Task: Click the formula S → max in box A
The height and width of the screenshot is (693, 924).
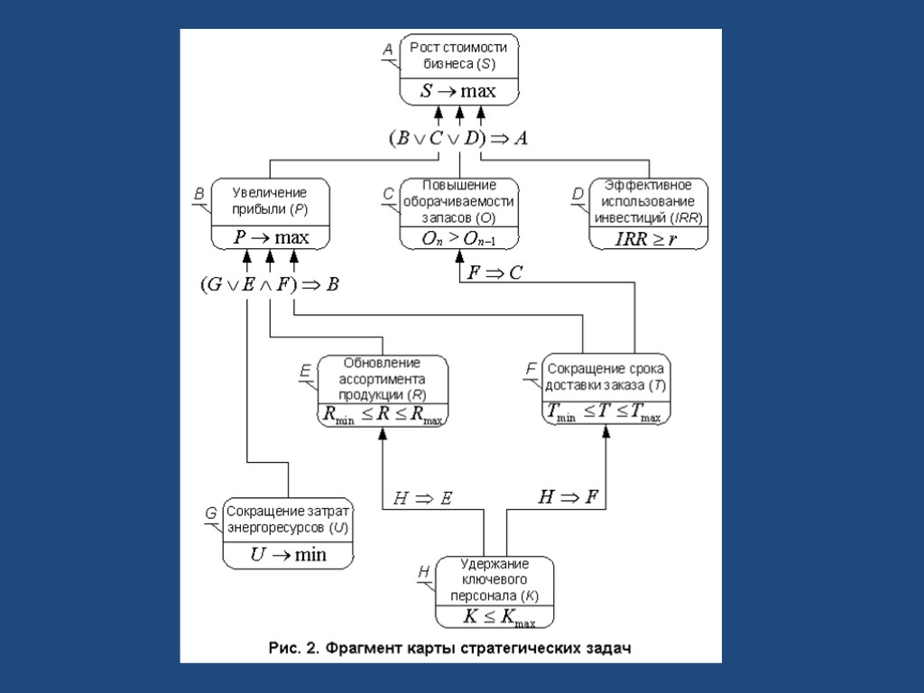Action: (x=458, y=91)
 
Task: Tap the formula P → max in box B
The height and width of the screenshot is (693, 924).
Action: (x=270, y=237)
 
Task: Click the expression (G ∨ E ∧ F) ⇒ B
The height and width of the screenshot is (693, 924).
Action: (x=269, y=284)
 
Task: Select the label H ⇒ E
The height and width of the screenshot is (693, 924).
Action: (x=423, y=497)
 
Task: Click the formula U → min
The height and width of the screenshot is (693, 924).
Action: (x=288, y=554)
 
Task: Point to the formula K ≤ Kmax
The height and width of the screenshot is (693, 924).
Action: (x=494, y=617)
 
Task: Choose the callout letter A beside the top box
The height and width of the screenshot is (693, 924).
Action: (x=387, y=51)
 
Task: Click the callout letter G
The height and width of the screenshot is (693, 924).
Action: (x=210, y=513)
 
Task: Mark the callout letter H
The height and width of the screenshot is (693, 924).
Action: (x=423, y=572)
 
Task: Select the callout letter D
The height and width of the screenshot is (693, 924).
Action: (x=577, y=193)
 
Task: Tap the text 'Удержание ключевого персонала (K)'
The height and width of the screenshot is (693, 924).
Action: (x=494, y=579)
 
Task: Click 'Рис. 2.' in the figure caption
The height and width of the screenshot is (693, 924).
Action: (x=295, y=648)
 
